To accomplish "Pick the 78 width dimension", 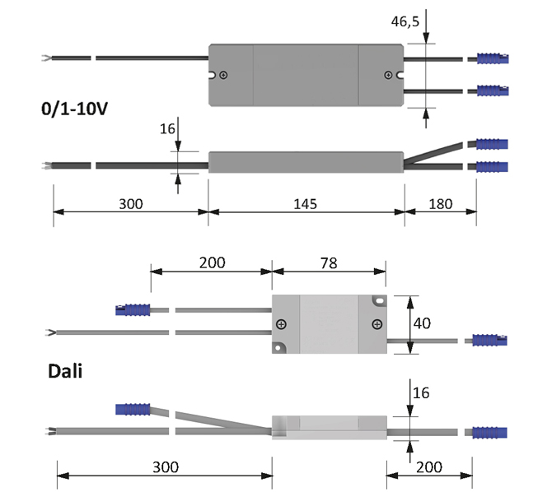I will [328, 262].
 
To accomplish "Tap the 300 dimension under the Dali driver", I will [165, 467].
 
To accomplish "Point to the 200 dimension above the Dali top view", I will [211, 262].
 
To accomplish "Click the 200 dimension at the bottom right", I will [428, 467].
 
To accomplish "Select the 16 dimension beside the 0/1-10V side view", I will [167, 128].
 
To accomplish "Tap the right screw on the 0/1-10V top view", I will [388, 77].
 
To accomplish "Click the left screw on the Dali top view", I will [282, 324].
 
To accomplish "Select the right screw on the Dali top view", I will [377, 324].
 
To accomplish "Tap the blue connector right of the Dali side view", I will [489, 432].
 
